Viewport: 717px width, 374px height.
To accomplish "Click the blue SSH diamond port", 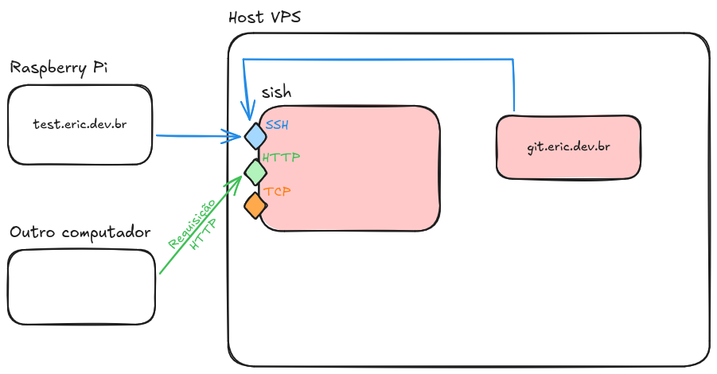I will point(255,135).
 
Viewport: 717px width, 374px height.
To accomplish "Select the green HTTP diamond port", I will point(255,170).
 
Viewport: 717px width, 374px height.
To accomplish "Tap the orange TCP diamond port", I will point(255,205).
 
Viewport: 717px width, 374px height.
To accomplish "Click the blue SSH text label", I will point(278,126).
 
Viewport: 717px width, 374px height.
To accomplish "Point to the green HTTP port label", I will point(281,158).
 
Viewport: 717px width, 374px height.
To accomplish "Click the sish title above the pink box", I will point(276,92).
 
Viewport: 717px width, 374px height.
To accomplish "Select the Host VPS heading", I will point(264,18).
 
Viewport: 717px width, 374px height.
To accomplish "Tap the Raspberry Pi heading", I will point(58,67).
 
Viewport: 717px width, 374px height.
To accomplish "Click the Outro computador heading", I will point(80,232).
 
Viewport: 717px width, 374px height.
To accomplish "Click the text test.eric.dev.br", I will point(80,125).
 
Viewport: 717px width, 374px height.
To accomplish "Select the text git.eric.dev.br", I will point(568,147).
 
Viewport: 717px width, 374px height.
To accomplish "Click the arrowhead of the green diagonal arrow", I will point(237,181).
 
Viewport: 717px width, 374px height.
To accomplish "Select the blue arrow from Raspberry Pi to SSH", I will point(195,136).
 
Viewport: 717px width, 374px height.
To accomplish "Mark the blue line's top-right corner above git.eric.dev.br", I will point(514,60).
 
